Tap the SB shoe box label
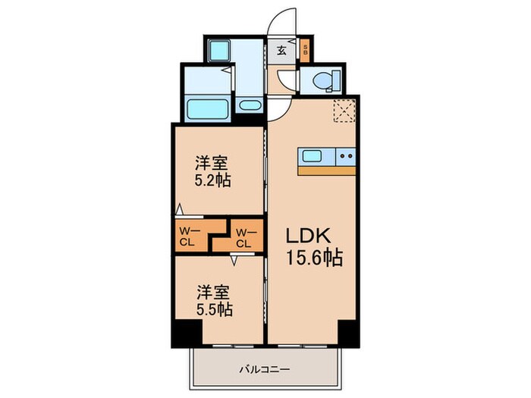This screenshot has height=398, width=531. point(305,52)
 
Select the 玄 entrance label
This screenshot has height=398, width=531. point(281,51)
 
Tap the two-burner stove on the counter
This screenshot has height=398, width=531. point(346,157)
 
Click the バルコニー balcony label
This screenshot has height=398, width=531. point(265,369)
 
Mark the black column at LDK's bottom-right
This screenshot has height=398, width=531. point(347,331)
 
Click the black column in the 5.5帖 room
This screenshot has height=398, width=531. point(187,331)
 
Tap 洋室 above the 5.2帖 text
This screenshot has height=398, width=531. point(213,162)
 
